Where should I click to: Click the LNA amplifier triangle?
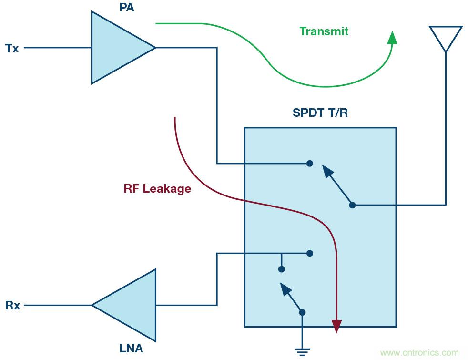pos(129,305)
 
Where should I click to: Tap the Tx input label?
pos(12,48)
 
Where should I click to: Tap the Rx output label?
pos(13,306)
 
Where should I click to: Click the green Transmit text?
pos(324,31)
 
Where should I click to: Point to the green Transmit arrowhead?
pos(392,38)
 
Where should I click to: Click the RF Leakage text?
pos(157,189)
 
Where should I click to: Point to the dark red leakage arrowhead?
pos(337,326)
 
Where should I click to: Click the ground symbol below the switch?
pos(302,352)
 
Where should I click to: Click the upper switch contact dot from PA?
pos(310,163)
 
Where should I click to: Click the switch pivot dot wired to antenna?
pos(352,205)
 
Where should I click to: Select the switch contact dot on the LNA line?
pos(310,253)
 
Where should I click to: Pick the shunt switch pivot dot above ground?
pos(302,313)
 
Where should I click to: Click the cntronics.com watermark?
pos(419,353)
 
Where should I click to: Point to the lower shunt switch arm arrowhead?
pos(285,288)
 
